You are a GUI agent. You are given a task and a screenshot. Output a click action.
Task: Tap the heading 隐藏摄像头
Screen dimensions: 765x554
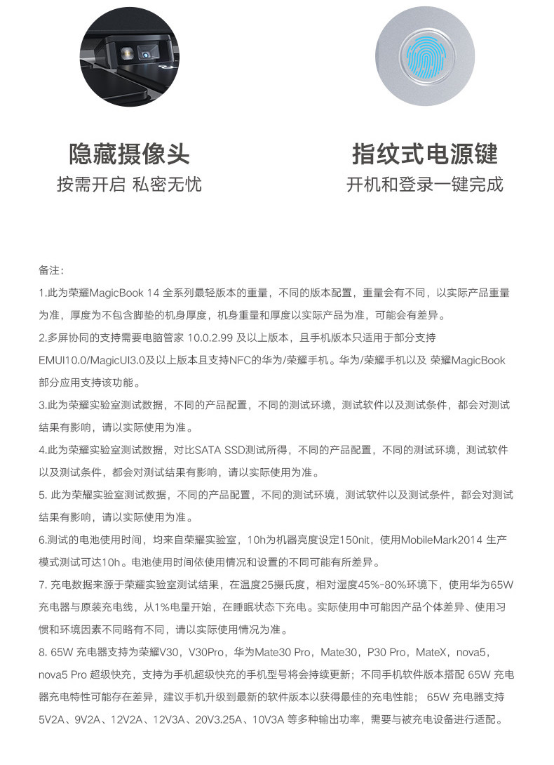coord(129,153)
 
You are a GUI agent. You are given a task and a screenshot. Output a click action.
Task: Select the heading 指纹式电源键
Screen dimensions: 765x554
coord(425,153)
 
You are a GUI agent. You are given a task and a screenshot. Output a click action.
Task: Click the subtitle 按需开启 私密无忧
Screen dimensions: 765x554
coord(129,185)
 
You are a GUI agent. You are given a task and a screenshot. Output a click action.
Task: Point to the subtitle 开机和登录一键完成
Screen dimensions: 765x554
coord(425,185)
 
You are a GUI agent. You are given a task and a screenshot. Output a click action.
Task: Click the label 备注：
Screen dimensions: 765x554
coord(52,270)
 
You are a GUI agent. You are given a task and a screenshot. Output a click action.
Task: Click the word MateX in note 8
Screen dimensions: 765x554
coord(435,652)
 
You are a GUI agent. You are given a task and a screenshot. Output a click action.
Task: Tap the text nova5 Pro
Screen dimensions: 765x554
coord(67,675)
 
